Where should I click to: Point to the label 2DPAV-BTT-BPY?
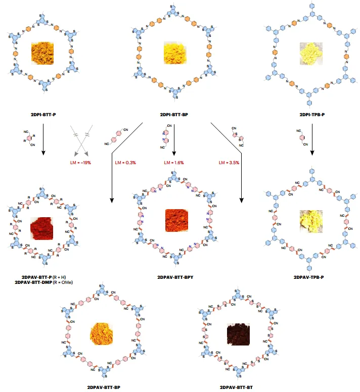174,277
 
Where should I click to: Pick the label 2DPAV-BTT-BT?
240,387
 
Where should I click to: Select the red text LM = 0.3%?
123,163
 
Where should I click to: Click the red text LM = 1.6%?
174,163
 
